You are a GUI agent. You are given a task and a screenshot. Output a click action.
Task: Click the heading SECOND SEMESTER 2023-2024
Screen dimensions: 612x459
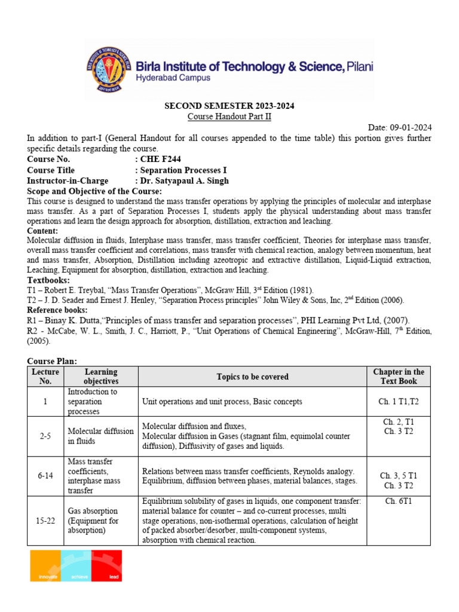point(229,106)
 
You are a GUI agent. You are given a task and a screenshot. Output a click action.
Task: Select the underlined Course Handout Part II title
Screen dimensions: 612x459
point(229,117)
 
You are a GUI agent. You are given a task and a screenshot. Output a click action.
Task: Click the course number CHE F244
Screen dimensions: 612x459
point(160,159)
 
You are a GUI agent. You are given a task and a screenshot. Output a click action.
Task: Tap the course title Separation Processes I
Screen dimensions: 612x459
point(183,170)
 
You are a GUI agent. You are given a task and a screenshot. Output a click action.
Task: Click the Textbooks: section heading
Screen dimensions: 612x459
point(48,280)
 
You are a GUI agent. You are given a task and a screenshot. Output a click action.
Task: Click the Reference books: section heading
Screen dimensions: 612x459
point(57,310)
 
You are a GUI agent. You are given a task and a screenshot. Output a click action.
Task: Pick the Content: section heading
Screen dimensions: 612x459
point(42,231)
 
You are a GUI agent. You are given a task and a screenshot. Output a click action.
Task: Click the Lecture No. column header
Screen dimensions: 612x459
point(45,377)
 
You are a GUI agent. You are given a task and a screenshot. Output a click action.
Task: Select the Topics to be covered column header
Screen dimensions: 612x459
point(252,377)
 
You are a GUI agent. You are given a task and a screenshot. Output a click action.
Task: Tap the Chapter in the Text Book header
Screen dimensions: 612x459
point(399,377)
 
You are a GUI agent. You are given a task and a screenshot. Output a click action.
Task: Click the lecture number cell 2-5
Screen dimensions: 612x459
point(45,436)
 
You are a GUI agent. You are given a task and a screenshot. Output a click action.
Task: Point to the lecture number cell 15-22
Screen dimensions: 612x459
point(45,521)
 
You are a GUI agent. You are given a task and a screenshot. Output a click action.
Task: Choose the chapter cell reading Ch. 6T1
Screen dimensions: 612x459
point(399,501)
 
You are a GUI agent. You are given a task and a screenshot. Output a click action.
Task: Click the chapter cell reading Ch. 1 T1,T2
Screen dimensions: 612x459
point(399,402)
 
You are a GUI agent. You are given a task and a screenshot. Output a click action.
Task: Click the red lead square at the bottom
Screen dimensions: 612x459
point(106,565)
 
